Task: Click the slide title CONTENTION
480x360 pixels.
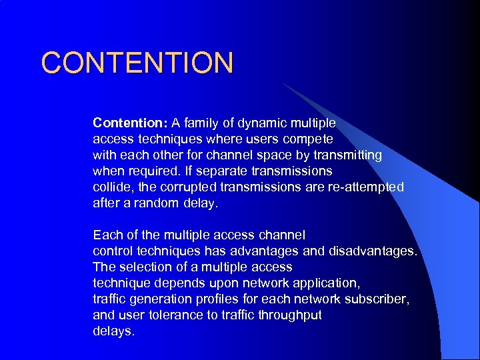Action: pos(137,63)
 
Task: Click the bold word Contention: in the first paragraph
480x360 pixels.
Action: pos(130,123)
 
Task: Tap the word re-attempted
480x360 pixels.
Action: pos(365,187)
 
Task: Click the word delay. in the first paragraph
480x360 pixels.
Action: pos(200,203)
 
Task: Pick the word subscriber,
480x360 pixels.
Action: pos(379,299)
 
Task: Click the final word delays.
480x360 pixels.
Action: pos(113,331)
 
